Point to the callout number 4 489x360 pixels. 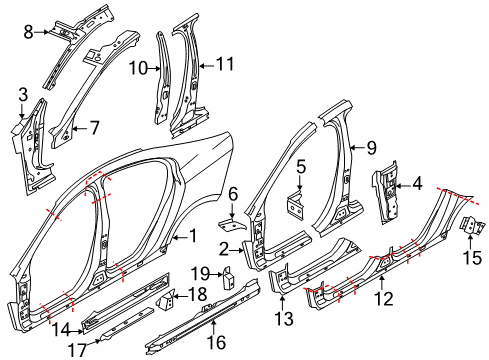[417, 183]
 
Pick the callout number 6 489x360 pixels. [233, 193]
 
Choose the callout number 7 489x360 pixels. [95, 127]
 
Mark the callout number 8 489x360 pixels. [29, 32]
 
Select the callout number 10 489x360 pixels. [141, 69]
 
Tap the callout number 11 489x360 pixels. [226, 64]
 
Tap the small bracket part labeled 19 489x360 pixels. [227, 273]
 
